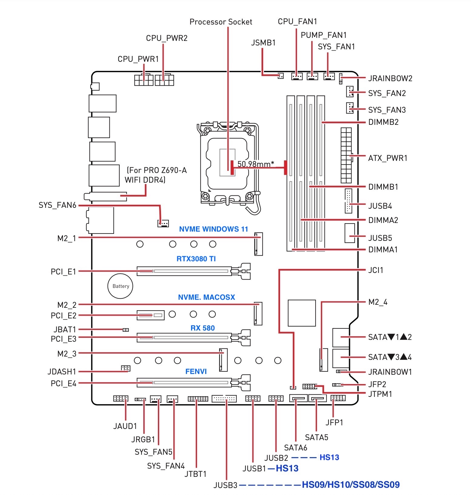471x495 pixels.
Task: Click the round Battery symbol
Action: click(120, 286)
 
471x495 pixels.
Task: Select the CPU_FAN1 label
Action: click(297, 22)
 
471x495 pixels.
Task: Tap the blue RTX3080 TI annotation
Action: click(196, 259)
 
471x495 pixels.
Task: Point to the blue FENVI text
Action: click(196, 371)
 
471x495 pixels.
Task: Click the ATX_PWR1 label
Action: click(388, 158)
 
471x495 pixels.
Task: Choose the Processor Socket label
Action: click(221, 22)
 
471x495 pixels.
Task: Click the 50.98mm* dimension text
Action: click(256, 164)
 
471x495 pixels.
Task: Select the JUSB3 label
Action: click(225, 485)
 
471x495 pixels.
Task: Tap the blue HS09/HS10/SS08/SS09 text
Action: click(351, 485)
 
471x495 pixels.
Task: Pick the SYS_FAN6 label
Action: click(57, 205)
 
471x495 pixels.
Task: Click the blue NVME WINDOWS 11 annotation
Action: click(213, 229)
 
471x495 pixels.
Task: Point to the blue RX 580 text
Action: click(202, 328)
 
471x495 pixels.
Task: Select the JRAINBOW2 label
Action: click(390, 78)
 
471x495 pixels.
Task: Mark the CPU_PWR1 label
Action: click(138, 59)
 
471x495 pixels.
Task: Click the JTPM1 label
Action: click(380, 394)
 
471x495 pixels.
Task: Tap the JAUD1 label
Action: click(125, 426)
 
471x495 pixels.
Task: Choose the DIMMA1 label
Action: click(383, 250)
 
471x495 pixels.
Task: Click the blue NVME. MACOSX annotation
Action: click(206, 297)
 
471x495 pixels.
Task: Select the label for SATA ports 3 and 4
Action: click(390, 357)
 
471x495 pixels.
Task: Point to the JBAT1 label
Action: click(64, 329)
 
